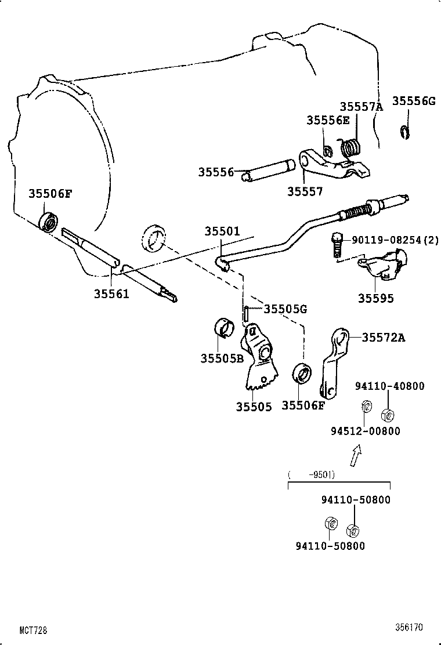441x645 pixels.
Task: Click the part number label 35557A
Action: (x=362, y=107)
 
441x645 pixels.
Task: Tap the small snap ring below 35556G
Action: (x=406, y=132)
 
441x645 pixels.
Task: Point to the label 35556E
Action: (x=328, y=120)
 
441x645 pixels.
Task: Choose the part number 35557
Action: (x=305, y=191)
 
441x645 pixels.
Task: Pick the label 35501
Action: (x=222, y=231)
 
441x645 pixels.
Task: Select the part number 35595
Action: (x=375, y=298)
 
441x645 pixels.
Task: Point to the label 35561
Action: (x=111, y=294)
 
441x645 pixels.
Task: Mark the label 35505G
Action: (x=285, y=309)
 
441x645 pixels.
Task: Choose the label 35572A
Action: (x=383, y=338)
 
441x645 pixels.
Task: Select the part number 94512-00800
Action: (x=365, y=431)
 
